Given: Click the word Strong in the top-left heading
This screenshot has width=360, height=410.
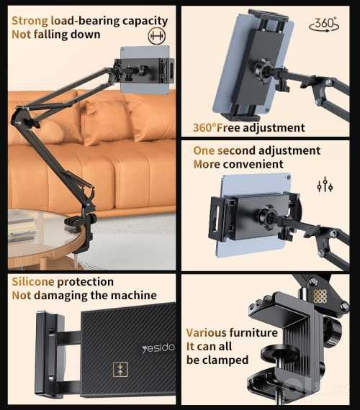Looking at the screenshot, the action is [30, 21].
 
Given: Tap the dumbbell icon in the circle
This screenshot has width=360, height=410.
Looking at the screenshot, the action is [156, 36].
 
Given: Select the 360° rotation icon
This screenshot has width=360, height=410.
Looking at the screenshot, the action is [324, 24].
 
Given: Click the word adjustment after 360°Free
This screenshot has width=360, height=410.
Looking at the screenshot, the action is [274, 128].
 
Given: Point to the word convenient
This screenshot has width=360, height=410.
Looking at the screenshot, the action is [253, 164].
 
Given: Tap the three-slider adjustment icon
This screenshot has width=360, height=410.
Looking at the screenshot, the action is [325, 185].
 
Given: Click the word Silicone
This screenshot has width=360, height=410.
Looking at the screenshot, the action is [33, 282].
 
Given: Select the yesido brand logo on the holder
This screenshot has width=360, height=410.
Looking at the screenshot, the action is [158, 347].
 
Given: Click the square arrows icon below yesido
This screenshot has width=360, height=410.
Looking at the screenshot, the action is [120, 370].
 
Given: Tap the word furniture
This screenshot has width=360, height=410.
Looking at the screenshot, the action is [253, 333].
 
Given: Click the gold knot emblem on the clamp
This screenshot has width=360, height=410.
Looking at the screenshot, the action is [320, 296].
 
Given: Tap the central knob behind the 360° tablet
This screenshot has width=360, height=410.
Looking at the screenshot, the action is [264, 70].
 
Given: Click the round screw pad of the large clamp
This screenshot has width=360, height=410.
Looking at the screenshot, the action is [279, 352].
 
